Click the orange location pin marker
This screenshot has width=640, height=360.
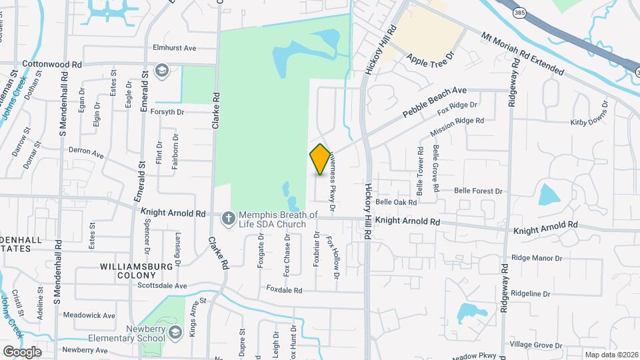pos(320,159)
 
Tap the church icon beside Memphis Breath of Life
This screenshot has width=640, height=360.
pos(228,217)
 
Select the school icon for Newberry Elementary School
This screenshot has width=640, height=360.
pos(175,333)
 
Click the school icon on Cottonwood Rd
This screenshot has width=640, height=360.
pos(161,70)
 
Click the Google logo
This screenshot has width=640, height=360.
pos(22,351)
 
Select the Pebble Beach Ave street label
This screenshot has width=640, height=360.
pos(434,102)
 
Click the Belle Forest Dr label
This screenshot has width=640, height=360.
pos(478,191)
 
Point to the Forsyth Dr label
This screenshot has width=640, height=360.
pos(167,112)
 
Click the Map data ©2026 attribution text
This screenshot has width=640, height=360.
pos(610,355)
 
